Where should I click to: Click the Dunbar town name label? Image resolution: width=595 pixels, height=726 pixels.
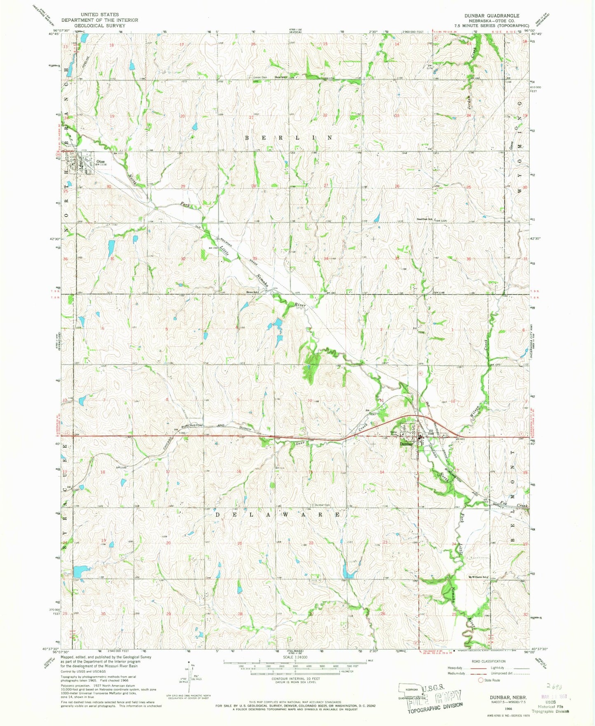[406, 444]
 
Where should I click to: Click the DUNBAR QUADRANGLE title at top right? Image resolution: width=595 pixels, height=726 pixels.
[492, 16]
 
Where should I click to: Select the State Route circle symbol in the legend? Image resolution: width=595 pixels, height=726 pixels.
[480, 680]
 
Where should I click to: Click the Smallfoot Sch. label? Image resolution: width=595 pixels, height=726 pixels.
[425, 220]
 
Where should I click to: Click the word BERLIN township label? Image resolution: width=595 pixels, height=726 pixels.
[288, 138]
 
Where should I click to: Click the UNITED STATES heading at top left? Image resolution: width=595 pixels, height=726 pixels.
[100, 14]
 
